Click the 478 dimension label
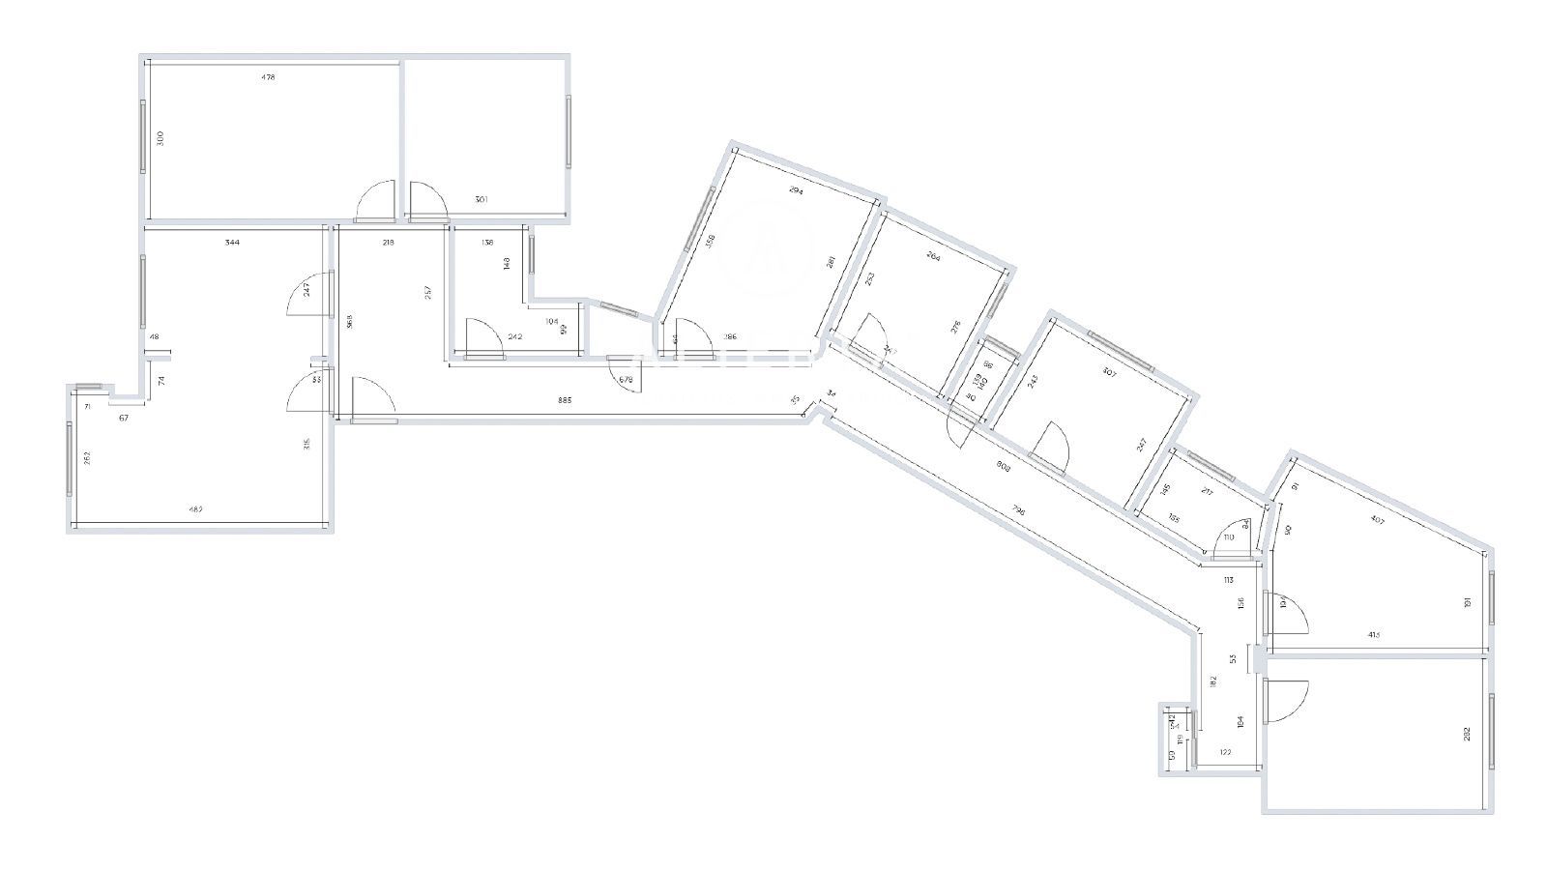[x=269, y=77]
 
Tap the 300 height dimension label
[x=161, y=138]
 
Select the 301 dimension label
[x=482, y=199]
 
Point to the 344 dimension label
[x=232, y=243]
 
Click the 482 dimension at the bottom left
[x=194, y=509]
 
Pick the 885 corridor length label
[x=565, y=399]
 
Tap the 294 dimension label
[x=796, y=191]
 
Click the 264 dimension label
[x=933, y=257]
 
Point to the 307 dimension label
[x=1109, y=373]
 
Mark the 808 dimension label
[x=1004, y=464]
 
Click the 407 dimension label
[x=1378, y=521]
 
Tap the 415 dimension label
[x=1373, y=635]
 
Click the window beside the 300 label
[x=143, y=137]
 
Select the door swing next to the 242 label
[x=482, y=337]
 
